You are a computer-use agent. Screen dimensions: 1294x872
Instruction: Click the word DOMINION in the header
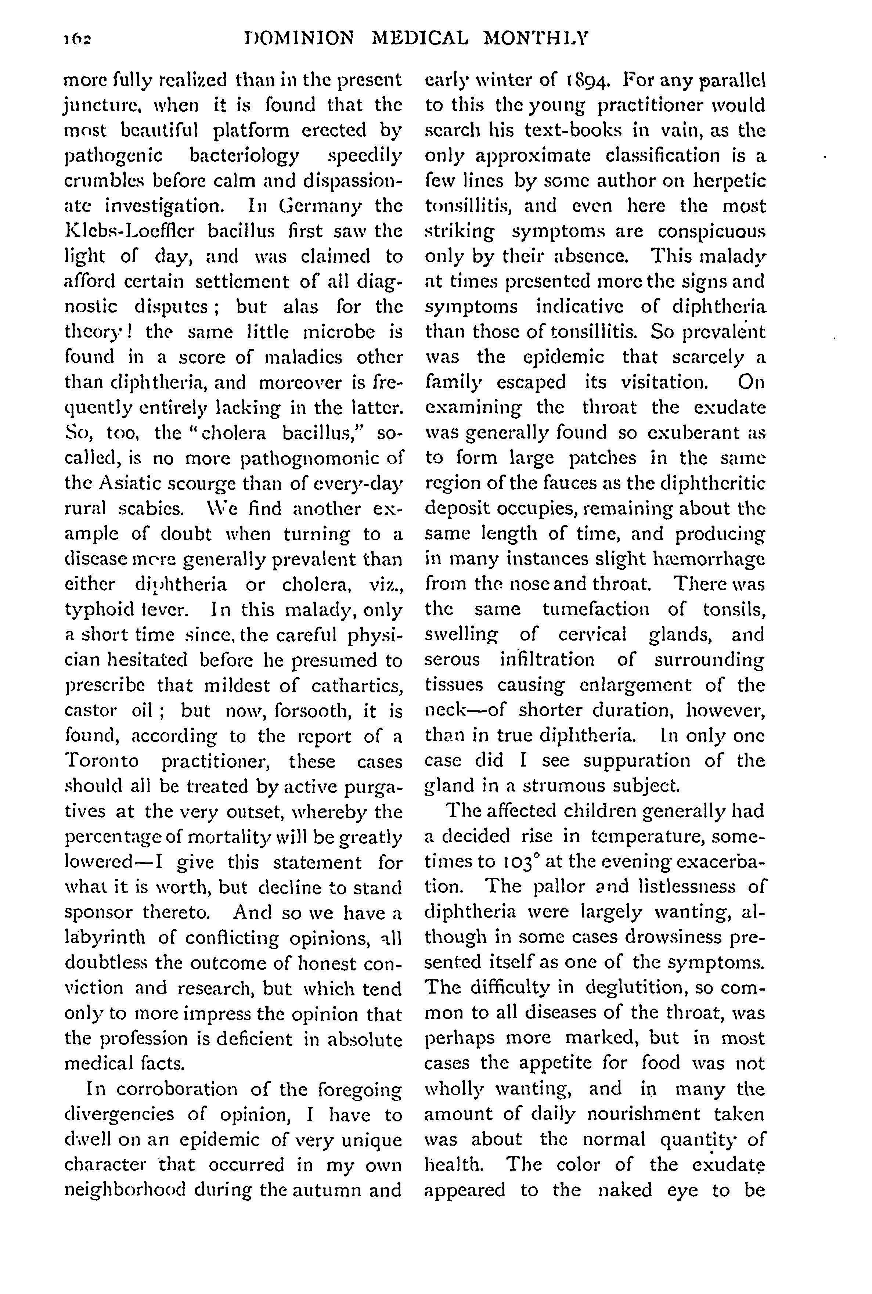[x=299, y=38]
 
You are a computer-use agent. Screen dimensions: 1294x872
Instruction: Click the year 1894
[x=587, y=81]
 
